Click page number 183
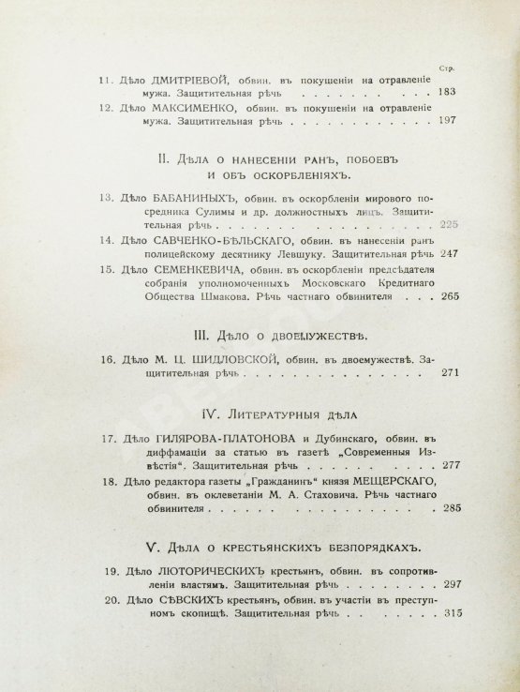445,94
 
